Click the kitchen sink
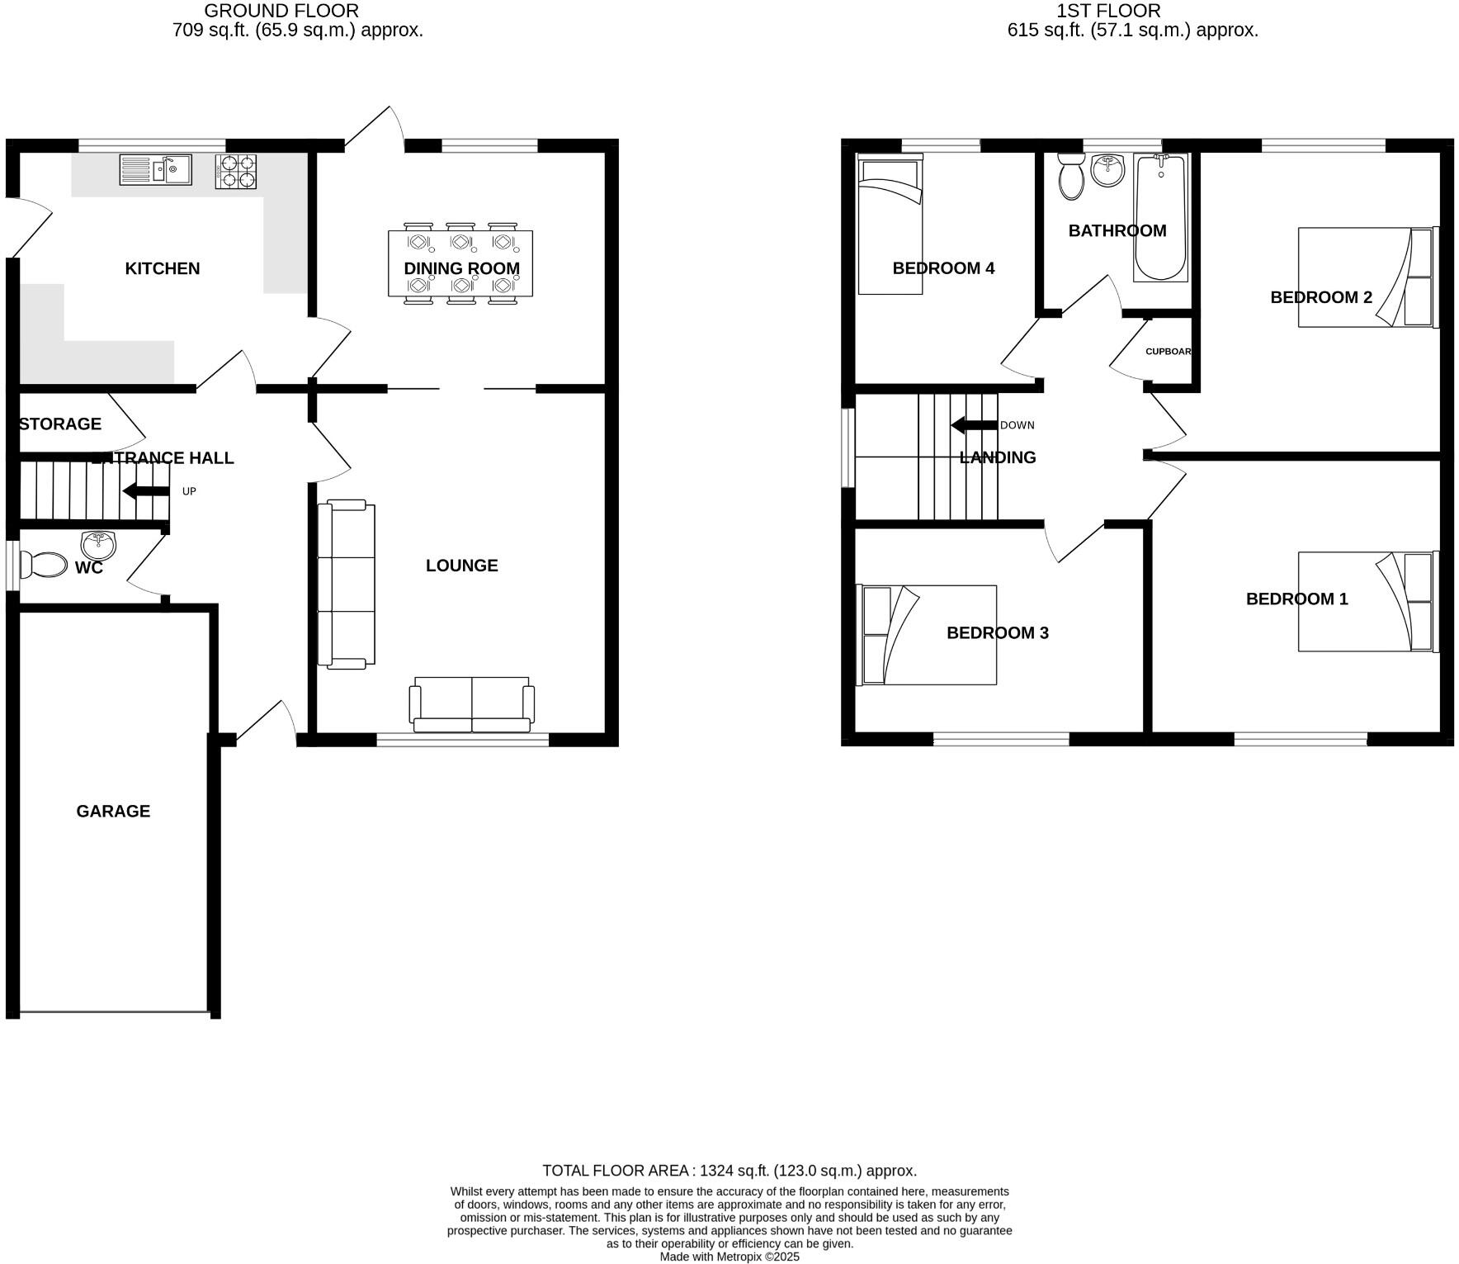155,170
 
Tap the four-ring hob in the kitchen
235,172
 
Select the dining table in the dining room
460,263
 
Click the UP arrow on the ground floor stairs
146,491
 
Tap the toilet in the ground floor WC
44,566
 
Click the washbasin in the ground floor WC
99,544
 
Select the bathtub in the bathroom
1160,218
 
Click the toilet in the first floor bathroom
1071,177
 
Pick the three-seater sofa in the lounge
347,584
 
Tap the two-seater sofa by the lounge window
472,705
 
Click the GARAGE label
113,812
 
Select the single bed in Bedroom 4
890,226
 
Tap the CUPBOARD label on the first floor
1168,352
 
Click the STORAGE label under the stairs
60,424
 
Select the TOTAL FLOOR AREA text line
729,1171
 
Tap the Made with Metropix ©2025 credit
729,1257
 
